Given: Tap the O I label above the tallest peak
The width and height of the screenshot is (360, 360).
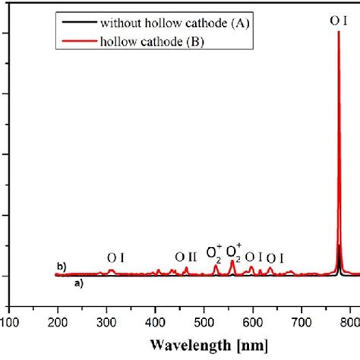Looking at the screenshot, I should click(339, 22).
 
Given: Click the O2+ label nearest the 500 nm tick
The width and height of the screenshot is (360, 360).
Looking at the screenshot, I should click(214, 250).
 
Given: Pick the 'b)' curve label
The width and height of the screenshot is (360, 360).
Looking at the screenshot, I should click(62, 267).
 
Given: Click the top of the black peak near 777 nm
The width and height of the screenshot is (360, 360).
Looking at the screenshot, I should click(339, 246).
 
